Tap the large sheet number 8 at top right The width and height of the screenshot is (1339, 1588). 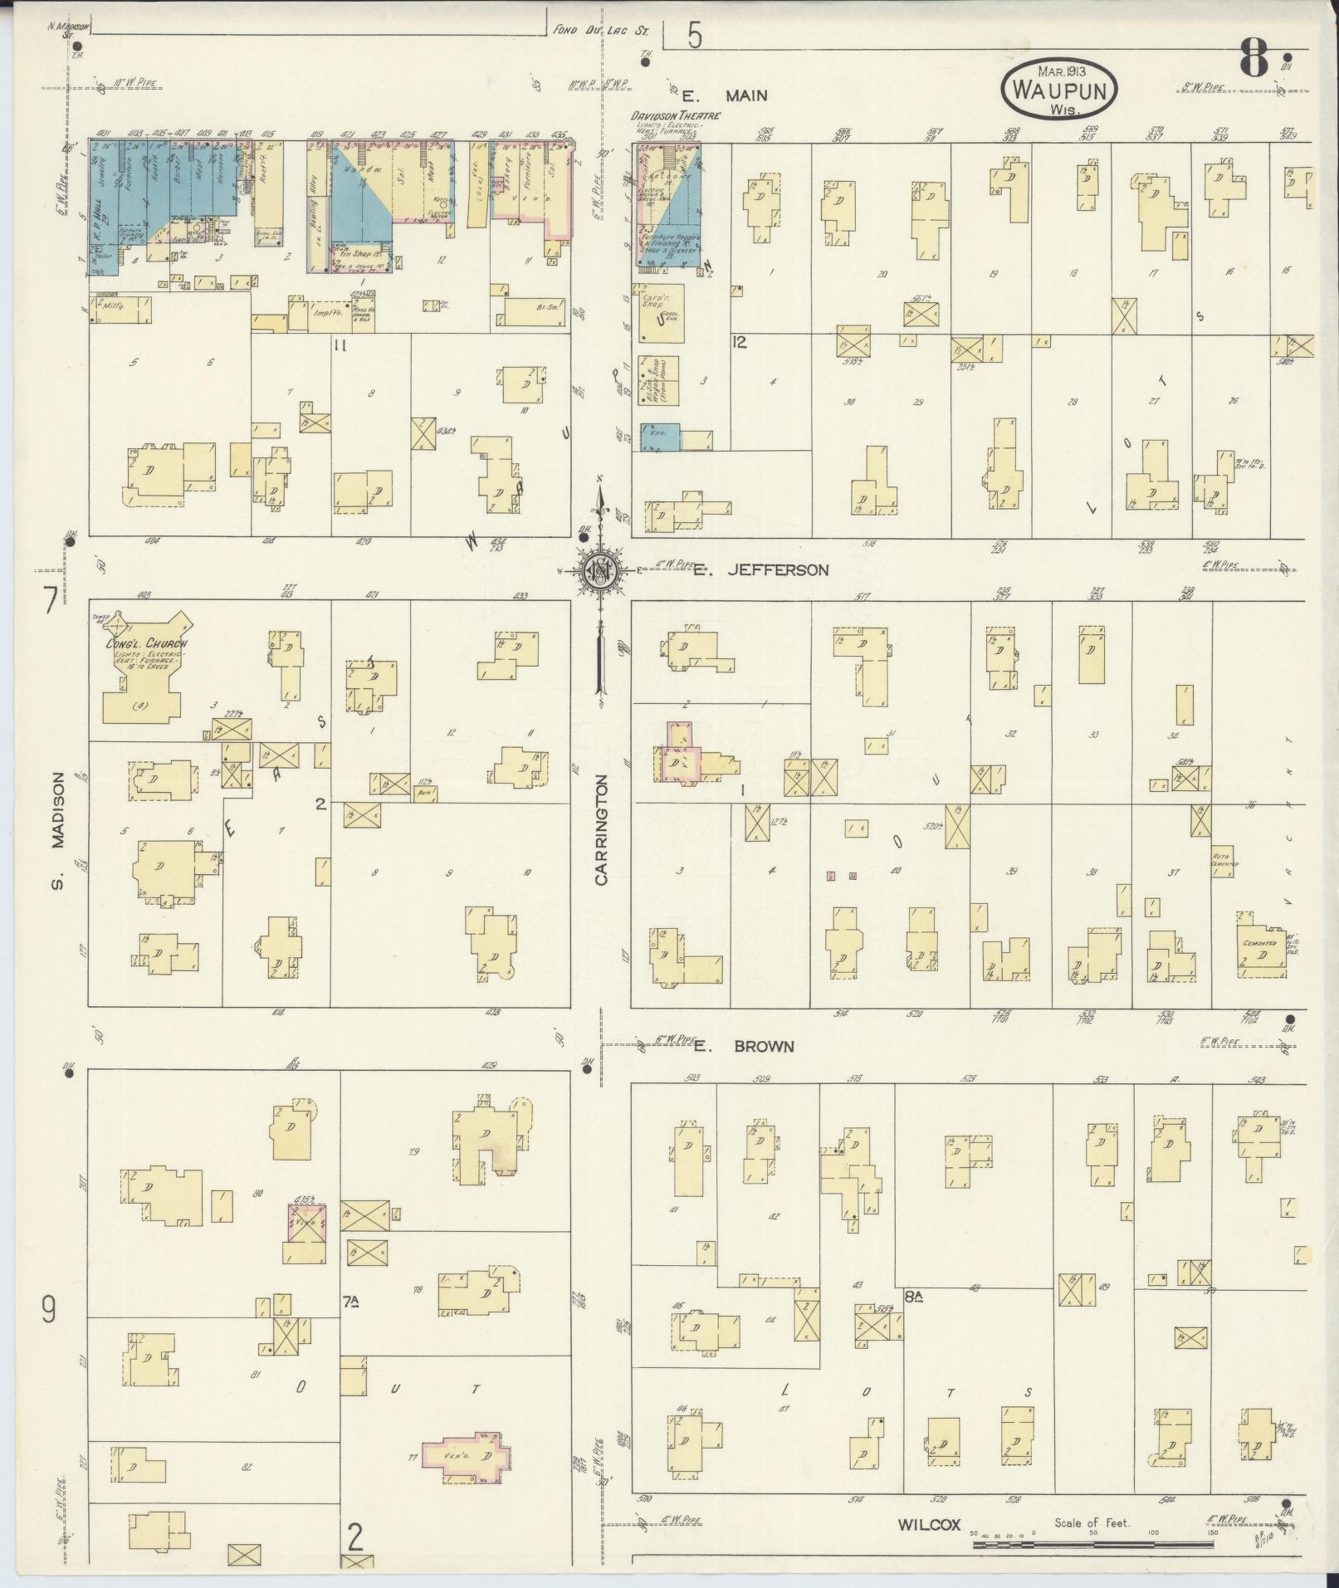1254,58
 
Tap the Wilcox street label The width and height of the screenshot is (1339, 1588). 928,1525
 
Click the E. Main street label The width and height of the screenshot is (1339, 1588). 724,95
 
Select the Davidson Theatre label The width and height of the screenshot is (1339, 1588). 675,116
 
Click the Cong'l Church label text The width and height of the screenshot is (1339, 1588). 146,644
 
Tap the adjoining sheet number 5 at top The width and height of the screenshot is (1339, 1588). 694,37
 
